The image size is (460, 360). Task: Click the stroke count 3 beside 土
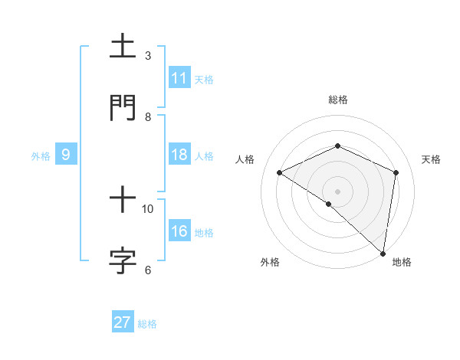tap(148, 55)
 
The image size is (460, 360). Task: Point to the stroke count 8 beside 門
tap(148, 116)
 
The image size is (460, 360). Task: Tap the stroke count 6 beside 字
tap(148, 270)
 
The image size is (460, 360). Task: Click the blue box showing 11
tap(179, 78)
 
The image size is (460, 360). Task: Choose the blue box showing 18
tap(179, 155)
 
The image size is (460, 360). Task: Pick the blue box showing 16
tap(179, 231)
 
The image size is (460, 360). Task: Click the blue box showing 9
tap(66, 155)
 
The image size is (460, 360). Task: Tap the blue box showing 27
tap(123, 322)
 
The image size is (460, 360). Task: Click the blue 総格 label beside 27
tap(147, 324)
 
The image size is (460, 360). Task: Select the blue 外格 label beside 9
tap(41, 156)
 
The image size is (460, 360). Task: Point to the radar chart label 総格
tap(338, 100)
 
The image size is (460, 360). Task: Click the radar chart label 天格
tap(432, 159)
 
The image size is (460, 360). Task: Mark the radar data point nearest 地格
tap(383, 253)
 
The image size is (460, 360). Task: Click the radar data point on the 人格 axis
tap(280, 172)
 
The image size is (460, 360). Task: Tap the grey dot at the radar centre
tap(338, 191)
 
